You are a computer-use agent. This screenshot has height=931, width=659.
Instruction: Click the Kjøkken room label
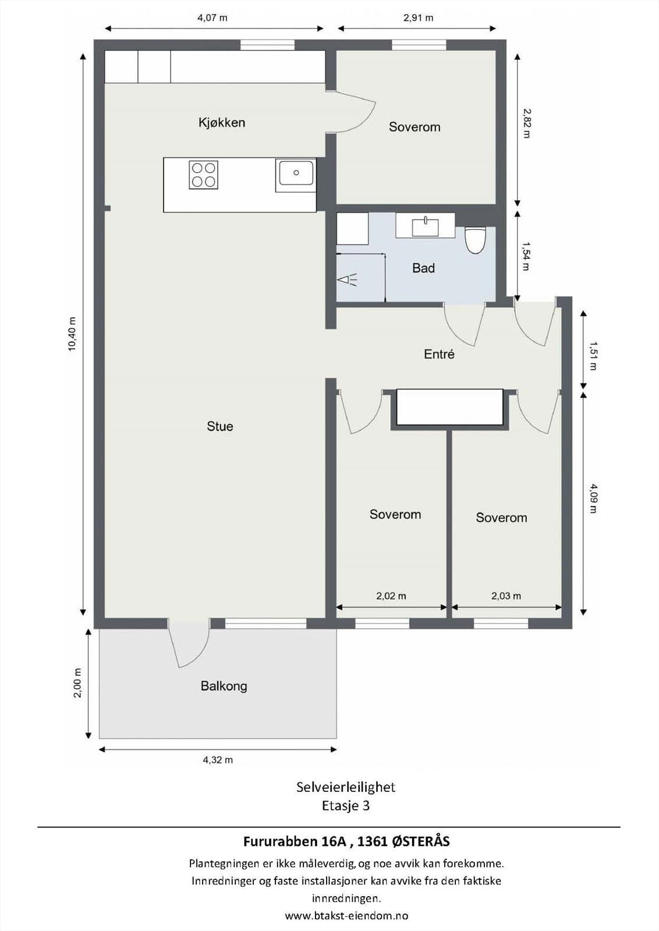(222, 123)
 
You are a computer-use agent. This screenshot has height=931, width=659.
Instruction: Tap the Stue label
(220, 427)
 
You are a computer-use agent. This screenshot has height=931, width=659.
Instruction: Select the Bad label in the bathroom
(423, 268)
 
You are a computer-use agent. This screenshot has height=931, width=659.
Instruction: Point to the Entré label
(439, 354)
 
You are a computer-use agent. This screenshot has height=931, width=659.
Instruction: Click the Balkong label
(224, 686)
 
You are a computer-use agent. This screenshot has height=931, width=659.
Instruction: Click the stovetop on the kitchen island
(203, 175)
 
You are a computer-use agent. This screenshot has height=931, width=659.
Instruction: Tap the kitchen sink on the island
(296, 173)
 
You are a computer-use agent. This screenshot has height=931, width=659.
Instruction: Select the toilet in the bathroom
(475, 239)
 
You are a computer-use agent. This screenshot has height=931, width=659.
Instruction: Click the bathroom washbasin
(426, 226)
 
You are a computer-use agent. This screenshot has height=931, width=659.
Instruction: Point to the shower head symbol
(348, 280)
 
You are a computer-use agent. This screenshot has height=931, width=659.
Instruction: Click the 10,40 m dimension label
(72, 334)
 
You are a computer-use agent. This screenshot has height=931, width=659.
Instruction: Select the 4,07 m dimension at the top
(212, 18)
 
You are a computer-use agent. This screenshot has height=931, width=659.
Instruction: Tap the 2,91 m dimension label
(418, 18)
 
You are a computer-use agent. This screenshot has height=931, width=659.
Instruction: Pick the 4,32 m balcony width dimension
(218, 760)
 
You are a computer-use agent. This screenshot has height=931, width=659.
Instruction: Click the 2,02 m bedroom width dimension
(391, 596)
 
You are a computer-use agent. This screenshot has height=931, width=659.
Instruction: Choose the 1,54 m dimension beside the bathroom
(526, 257)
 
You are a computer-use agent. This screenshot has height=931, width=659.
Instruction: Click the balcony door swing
(189, 645)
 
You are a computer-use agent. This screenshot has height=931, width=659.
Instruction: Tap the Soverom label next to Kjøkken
(414, 127)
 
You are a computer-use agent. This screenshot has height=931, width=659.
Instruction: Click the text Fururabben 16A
(295, 841)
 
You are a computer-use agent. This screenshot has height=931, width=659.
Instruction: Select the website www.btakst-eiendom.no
(346, 916)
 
